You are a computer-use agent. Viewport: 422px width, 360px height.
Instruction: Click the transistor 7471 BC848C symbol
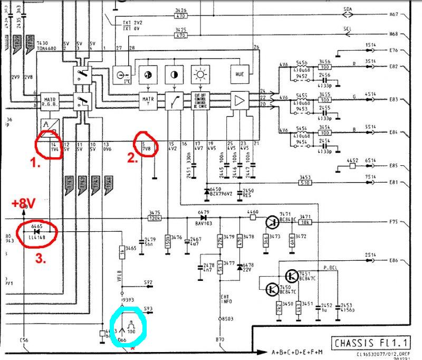[273, 222]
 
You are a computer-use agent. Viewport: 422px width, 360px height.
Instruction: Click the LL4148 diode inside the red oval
[37, 231]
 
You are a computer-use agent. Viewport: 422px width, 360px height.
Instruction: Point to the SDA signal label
[348, 10]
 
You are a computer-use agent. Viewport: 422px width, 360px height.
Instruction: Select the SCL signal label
[348, 29]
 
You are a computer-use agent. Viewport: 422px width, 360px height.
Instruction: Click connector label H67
[394, 15]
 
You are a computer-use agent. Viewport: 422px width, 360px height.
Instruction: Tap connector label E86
[394, 261]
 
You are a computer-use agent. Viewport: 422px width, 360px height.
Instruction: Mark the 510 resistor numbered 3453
[304, 183]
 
